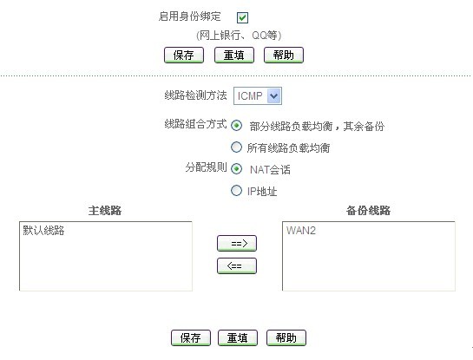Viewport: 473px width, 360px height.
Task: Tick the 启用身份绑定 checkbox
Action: [242, 17]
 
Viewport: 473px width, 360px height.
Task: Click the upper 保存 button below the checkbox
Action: [184, 56]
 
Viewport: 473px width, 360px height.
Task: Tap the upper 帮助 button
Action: [284, 56]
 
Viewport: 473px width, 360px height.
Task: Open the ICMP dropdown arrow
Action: [274, 96]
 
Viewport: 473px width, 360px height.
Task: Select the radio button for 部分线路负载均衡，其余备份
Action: [236, 126]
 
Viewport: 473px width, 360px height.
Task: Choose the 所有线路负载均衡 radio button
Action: [236, 147]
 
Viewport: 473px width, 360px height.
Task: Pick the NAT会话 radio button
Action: [236, 169]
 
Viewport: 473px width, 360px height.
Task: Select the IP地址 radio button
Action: [236, 191]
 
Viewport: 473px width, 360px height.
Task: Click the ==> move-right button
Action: [237, 243]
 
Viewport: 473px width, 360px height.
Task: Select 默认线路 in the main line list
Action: [43, 231]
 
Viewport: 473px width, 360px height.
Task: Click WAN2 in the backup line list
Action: [301, 231]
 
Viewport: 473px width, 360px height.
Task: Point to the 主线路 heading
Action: [105, 211]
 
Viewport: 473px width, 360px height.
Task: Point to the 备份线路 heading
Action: [368, 211]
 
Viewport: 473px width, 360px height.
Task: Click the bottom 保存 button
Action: [191, 337]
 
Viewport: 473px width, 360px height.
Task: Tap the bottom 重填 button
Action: [238, 337]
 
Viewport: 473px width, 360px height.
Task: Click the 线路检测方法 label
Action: [195, 95]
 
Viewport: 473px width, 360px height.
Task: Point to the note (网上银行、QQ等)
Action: [239, 36]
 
